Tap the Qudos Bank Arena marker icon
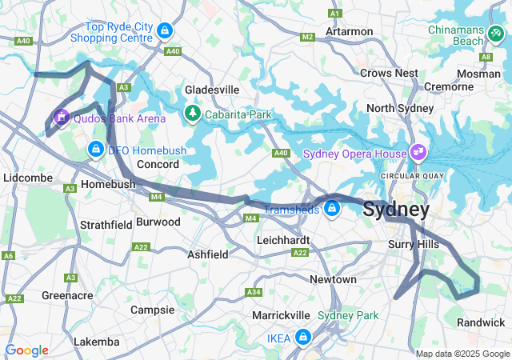(x=61, y=118)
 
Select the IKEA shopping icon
(x=302, y=338)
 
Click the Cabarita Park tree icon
(x=193, y=114)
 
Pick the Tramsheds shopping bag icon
(x=332, y=209)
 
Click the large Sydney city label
(x=396, y=210)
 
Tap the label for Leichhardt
(x=283, y=239)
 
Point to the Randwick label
(x=480, y=322)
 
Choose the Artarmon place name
(x=349, y=31)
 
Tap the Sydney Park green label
(x=348, y=315)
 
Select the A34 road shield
(x=254, y=292)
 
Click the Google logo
(x=26, y=350)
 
